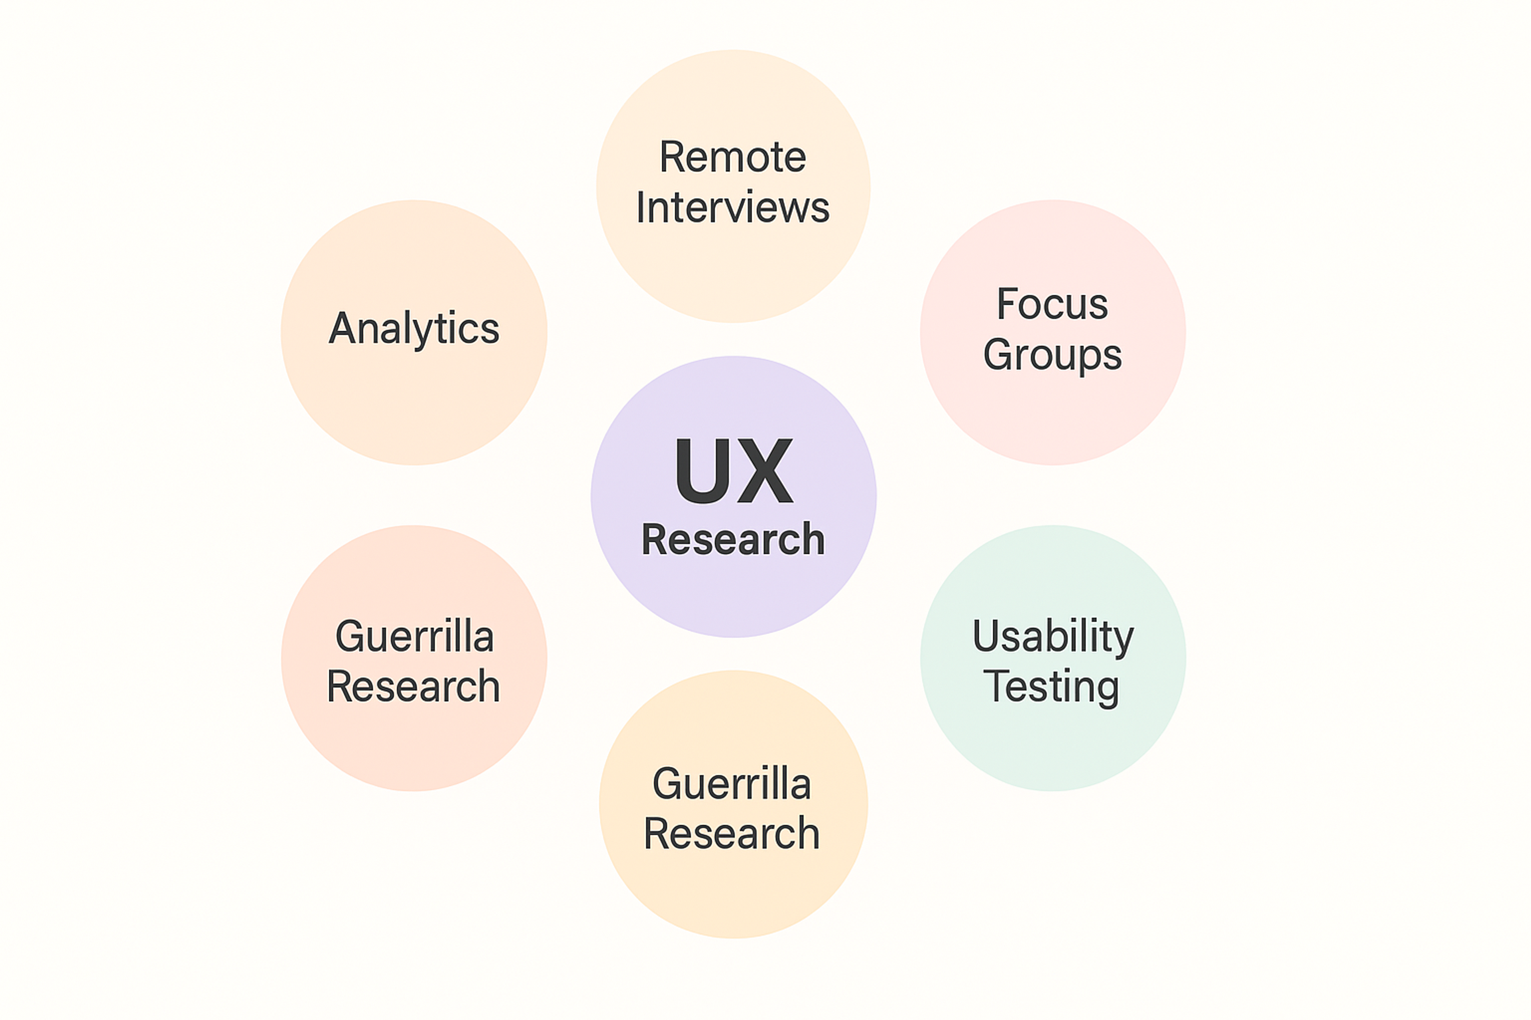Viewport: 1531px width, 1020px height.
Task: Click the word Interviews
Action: [x=733, y=208]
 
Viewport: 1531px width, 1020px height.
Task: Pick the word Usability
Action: [x=1053, y=637]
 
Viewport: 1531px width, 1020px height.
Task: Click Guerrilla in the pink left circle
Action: [x=414, y=637]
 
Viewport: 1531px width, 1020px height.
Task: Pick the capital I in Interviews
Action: [x=641, y=208]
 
